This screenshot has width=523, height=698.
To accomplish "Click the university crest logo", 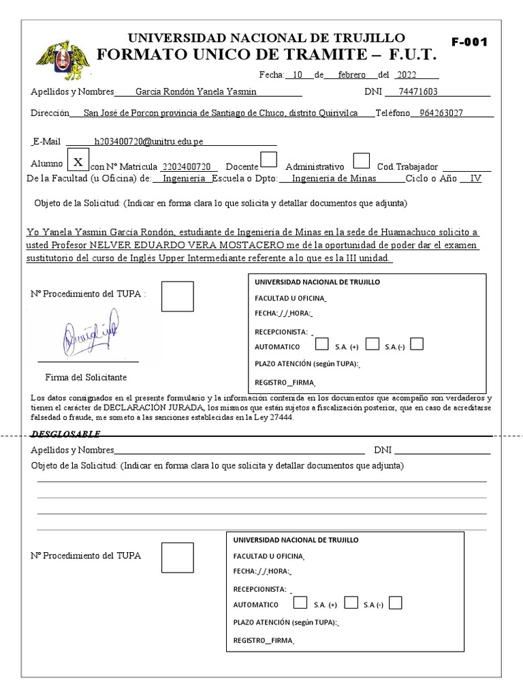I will (x=62, y=59).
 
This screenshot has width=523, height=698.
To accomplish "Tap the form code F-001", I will (x=470, y=42).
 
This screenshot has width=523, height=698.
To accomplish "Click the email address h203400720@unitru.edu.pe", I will (x=148, y=141).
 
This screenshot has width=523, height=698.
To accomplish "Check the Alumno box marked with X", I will (x=78, y=162).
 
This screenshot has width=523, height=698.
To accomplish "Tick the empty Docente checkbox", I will (x=270, y=160).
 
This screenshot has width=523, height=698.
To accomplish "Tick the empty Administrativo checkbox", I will (x=362, y=160).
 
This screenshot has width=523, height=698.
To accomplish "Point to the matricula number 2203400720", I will (x=189, y=167).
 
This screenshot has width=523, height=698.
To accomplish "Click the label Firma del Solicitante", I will (x=86, y=377).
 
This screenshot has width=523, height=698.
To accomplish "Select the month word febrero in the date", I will (x=345, y=75).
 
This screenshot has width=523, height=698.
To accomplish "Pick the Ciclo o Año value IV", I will (x=475, y=179).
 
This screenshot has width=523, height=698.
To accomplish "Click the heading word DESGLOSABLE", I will (x=65, y=434).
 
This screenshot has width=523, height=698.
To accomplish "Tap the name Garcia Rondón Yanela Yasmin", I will (x=196, y=92).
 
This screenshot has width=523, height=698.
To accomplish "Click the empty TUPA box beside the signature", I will (x=177, y=297).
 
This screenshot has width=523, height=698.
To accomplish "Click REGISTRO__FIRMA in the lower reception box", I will (x=264, y=641).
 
